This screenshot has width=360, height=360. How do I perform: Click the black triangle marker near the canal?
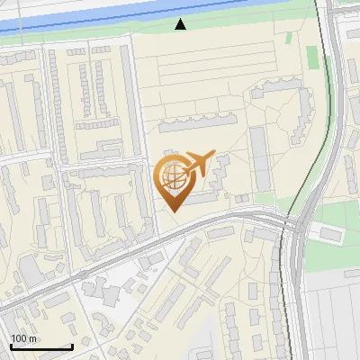click(181, 24)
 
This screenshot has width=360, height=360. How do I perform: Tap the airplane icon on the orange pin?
click(199, 162)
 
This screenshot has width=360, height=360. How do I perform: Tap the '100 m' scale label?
click(23, 338)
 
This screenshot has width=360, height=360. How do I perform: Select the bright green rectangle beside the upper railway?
click(312, 56)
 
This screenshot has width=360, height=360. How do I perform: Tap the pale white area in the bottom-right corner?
click(333, 315)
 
